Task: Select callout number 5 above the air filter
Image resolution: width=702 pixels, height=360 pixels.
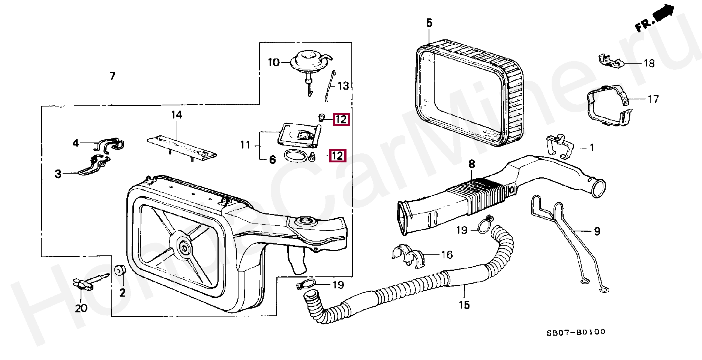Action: coord(429,23)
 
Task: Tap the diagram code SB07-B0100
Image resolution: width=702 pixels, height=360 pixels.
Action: coord(576,332)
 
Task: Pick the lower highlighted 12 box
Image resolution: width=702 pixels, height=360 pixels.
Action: coord(337,156)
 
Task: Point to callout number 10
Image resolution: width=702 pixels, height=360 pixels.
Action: coord(274,62)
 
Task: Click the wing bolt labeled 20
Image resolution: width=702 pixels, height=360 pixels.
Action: coord(88,283)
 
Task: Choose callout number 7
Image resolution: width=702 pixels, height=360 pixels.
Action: coord(112,76)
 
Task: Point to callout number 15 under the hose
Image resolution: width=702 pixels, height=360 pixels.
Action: coord(464,304)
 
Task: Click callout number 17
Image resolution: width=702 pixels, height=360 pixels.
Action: coord(653,99)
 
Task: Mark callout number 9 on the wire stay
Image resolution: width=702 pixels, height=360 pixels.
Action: coord(597,231)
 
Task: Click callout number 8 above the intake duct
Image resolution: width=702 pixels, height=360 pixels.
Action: coord(471,164)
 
